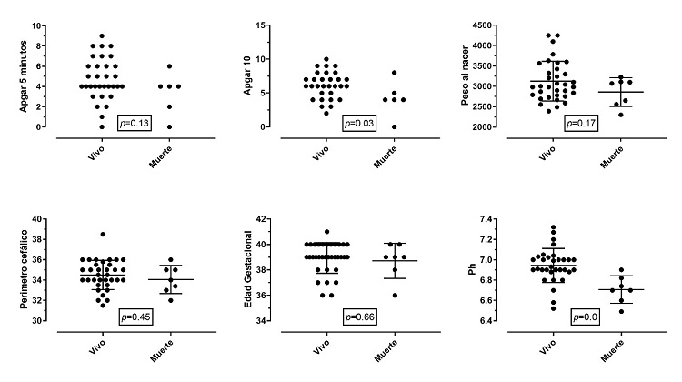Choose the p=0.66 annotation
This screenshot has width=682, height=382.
point(359,317)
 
